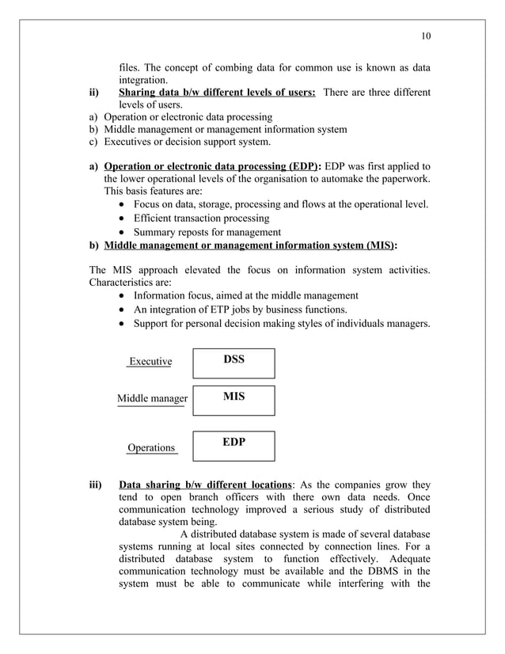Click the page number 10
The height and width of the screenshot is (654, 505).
click(426, 36)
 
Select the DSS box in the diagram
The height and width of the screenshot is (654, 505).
click(234, 362)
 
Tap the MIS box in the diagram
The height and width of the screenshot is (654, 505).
click(234, 399)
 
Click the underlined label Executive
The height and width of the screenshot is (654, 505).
click(150, 362)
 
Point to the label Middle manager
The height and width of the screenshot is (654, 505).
click(152, 398)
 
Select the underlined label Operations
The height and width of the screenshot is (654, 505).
click(151, 448)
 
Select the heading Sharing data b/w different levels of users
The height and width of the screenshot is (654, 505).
click(216, 93)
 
